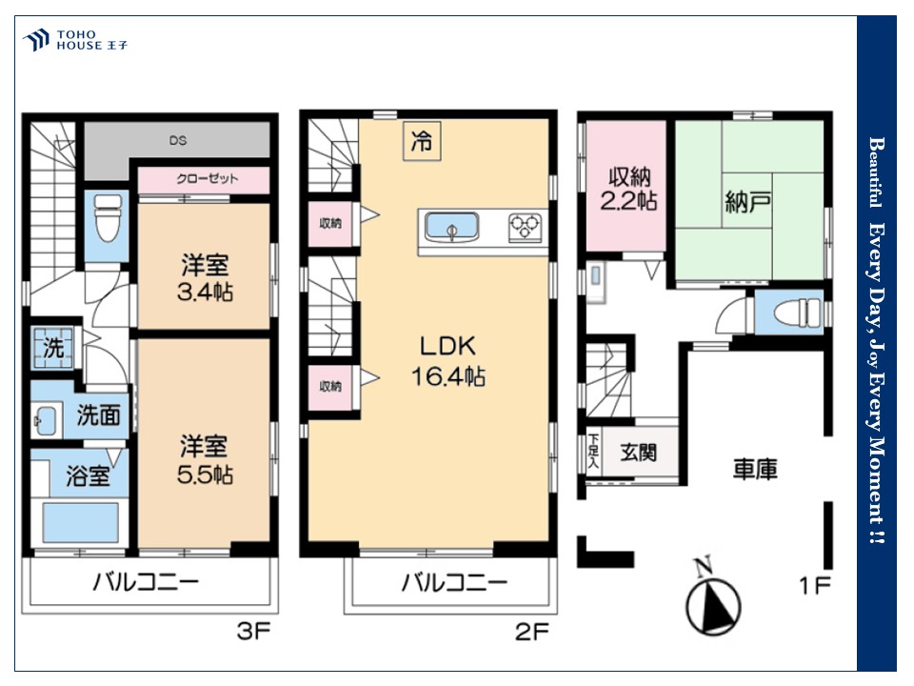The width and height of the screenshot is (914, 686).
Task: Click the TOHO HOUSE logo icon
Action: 35,40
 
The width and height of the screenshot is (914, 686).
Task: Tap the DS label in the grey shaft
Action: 178,141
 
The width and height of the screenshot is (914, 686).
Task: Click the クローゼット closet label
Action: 208,178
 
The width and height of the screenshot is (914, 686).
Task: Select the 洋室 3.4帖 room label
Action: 206,277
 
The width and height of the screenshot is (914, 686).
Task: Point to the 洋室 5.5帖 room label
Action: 206,459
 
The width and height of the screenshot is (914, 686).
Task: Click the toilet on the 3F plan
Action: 108,217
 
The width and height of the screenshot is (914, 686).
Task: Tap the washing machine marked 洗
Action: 53,349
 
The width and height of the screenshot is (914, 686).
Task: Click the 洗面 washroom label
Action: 98,414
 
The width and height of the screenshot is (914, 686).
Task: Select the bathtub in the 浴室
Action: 81,522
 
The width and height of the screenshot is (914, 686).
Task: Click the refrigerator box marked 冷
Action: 422,141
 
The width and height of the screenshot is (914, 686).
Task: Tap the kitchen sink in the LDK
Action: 451,227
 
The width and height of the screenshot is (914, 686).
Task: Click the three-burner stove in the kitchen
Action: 526,227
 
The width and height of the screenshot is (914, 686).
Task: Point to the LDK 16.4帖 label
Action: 447,361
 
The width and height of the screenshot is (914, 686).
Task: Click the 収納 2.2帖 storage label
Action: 629,189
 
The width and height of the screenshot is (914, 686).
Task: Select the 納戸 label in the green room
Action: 748,202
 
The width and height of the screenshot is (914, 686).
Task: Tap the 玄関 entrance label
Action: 638,452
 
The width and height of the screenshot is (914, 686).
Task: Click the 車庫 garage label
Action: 755,469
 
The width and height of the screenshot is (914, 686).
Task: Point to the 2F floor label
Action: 532,632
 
